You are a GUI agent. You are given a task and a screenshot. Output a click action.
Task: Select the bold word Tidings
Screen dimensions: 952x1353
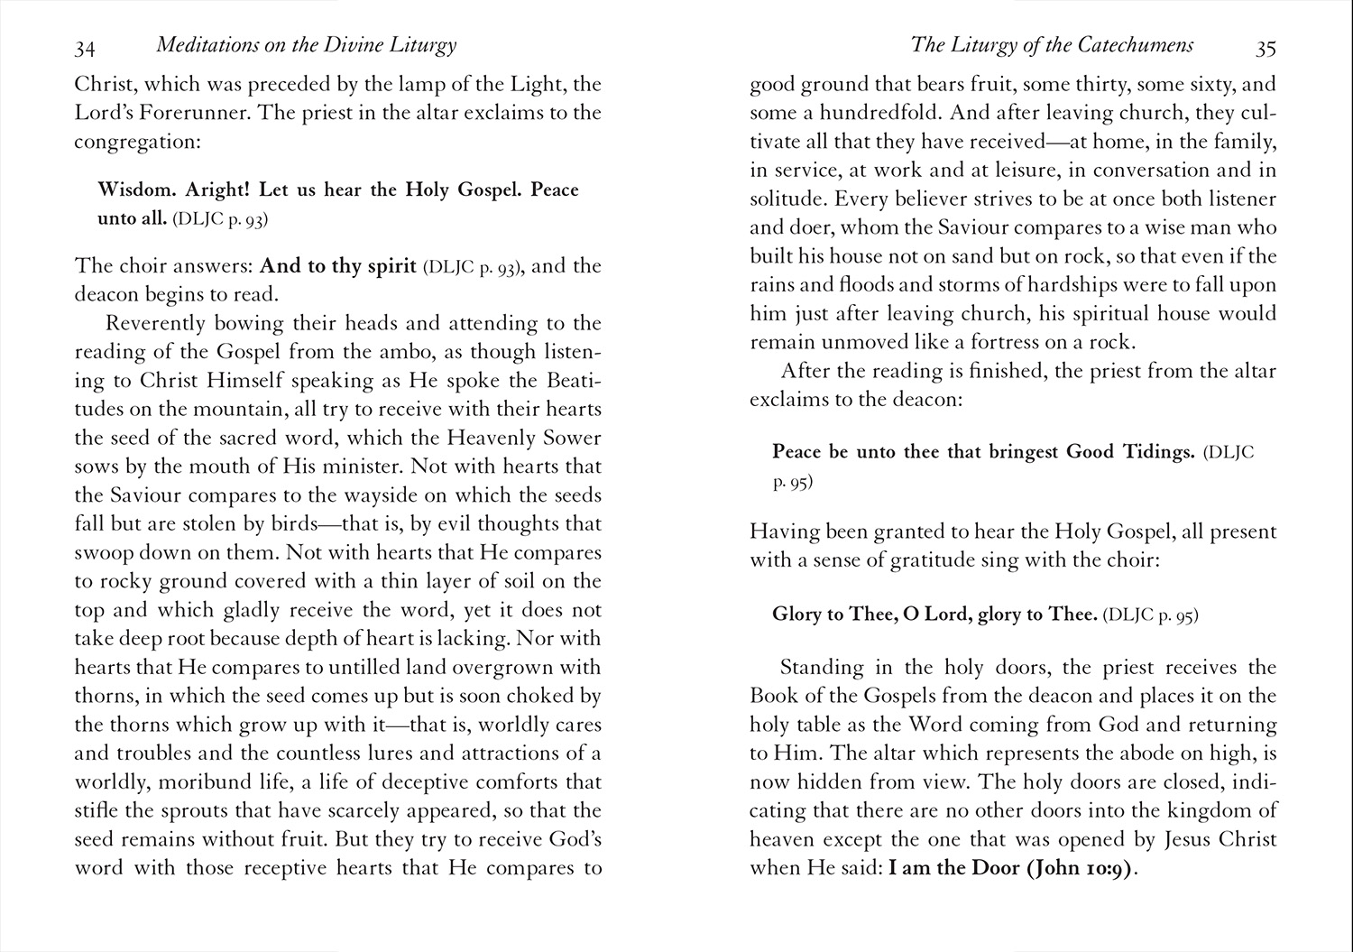[1155, 452]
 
